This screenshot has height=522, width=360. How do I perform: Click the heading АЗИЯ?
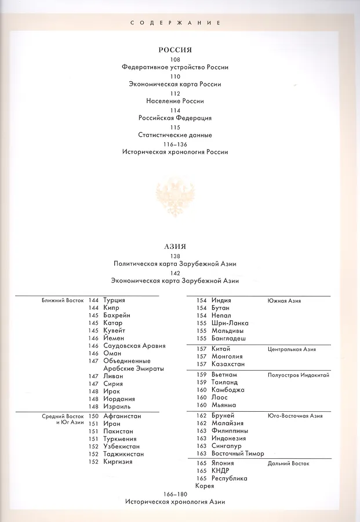point(174,246)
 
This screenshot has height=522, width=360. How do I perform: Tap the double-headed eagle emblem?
point(175,197)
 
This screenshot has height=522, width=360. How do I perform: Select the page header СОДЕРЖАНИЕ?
point(175,23)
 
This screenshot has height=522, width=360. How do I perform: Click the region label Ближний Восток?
point(63,301)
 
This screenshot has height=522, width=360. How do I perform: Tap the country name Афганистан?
point(122,416)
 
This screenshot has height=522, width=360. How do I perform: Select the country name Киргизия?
point(118,462)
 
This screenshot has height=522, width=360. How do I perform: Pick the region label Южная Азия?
point(284,301)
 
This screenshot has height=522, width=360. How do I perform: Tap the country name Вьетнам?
point(225,375)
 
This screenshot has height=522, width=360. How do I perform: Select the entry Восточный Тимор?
point(235,454)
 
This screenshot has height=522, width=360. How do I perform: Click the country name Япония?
point(223,463)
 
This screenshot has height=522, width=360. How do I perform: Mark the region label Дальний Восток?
point(288,464)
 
